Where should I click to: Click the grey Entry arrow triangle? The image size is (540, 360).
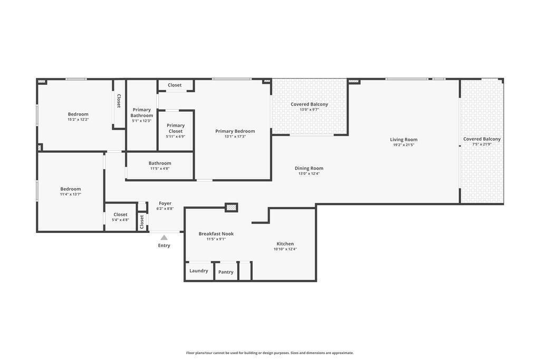tap(164, 238)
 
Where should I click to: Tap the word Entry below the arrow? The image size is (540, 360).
tap(164, 246)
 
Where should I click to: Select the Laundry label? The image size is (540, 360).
tap(199, 271)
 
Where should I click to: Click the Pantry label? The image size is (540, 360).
tap(226, 272)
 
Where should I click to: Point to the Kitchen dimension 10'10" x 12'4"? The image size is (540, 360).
tap(285, 249)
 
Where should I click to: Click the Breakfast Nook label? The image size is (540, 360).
tap(216, 233)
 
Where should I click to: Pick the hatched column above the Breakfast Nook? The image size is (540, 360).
tap(232, 208)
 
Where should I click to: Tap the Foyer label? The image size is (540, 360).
tap(165, 203)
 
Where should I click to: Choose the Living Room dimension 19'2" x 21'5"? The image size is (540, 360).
tap(403, 145)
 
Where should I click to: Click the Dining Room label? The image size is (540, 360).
tap(309, 168)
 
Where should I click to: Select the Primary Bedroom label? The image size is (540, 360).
tap(235, 131)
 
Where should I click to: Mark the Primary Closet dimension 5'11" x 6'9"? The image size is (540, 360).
tap(176, 137)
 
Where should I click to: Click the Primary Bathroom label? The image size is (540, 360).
tap(141, 113)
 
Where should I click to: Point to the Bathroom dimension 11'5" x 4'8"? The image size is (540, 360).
tap(160, 169)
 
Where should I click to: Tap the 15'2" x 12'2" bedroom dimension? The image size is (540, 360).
tap(78, 120)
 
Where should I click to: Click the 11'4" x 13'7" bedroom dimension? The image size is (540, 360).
tap(71, 194)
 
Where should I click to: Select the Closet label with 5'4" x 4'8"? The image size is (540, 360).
tap(121, 215)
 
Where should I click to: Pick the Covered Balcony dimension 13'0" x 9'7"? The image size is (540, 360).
tap(309, 110)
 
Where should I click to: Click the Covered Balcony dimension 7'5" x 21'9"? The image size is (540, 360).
tap(482, 144)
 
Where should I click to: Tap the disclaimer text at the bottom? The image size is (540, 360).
tap(270, 353)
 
